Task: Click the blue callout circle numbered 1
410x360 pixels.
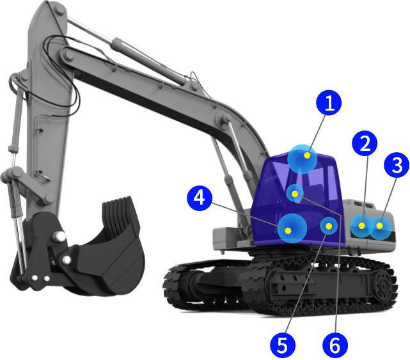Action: tap(329, 102)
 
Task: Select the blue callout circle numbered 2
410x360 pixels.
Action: tap(365, 143)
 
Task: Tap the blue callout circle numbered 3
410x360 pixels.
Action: tap(397, 165)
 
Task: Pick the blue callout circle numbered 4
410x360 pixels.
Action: tap(200, 198)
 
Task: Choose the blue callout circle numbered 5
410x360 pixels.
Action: tap(283, 345)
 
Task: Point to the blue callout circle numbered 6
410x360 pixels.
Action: tap(335, 345)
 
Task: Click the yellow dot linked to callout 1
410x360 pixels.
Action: tap(307, 155)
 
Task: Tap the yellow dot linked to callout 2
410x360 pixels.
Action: tap(362, 226)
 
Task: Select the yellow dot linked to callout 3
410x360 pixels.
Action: tap(379, 226)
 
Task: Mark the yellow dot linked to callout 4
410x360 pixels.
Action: tap(288, 231)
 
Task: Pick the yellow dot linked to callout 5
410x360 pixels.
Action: tap(329, 226)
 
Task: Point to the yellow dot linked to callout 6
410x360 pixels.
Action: tap(295, 194)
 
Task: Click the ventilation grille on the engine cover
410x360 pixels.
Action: tap(363, 205)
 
